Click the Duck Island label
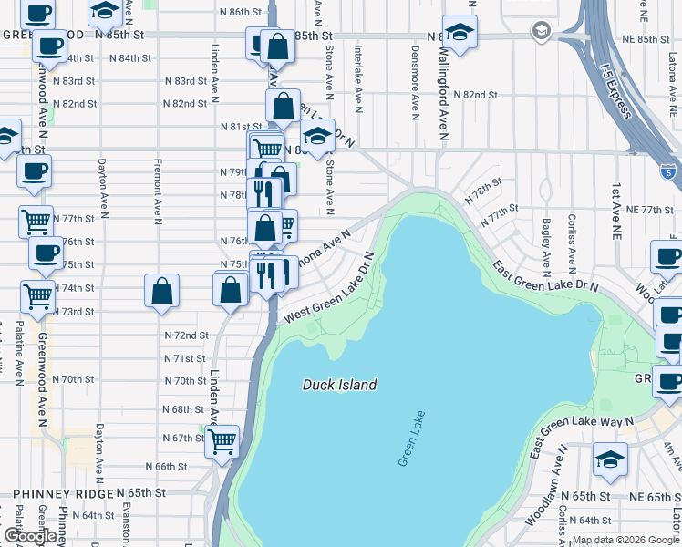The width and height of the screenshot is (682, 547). click(339, 385)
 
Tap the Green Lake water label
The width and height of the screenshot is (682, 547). click(412, 439)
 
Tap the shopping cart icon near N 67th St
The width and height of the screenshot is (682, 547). click(222, 442)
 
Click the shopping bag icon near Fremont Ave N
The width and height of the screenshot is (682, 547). click(161, 292)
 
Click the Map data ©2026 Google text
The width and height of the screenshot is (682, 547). click(625, 540)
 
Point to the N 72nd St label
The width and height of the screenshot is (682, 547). click(187, 335)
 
